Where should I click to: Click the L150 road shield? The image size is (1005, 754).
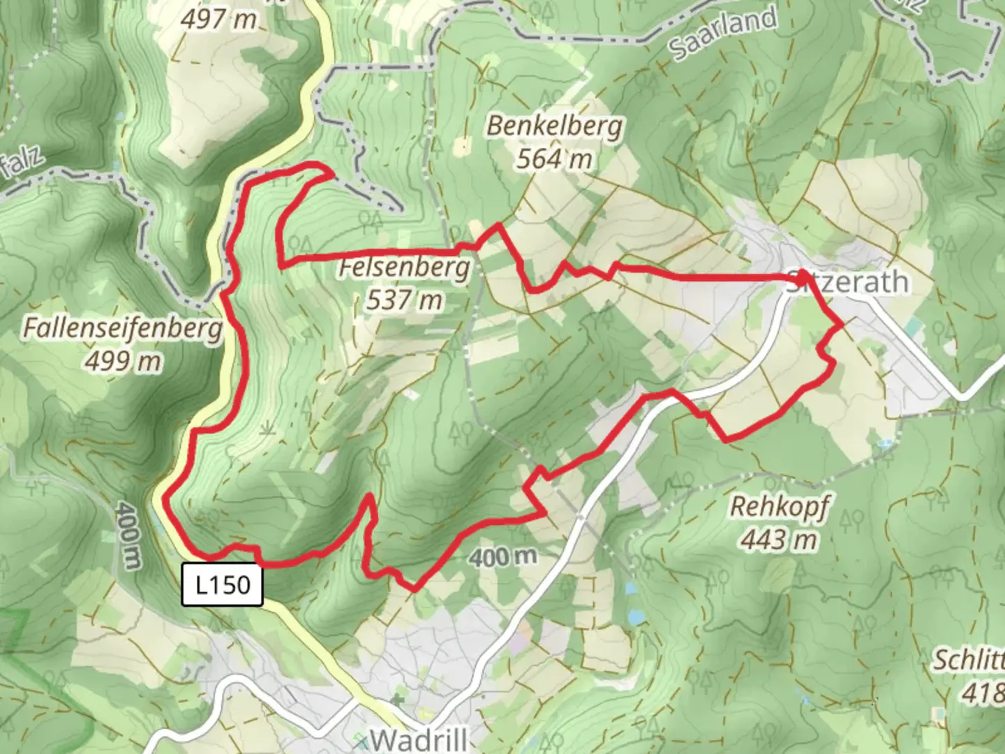pyautogui.click(x=223, y=584)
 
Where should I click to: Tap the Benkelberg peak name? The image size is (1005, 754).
pyautogui.click(x=554, y=126)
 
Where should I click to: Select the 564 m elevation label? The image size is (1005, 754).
pyautogui.click(x=554, y=159)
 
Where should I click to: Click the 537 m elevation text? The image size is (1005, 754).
pyautogui.click(x=404, y=300)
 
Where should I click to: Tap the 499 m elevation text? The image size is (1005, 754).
pyautogui.click(x=124, y=360)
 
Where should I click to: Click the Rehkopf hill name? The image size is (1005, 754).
pyautogui.click(x=779, y=506)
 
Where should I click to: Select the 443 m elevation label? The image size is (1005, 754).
pyautogui.click(x=779, y=539)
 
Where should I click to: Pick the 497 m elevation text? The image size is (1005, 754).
pyautogui.click(x=218, y=19)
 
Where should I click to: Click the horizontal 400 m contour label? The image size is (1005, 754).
pyautogui.click(x=502, y=556)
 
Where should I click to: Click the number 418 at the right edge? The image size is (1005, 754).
pyautogui.click(x=983, y=693)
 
